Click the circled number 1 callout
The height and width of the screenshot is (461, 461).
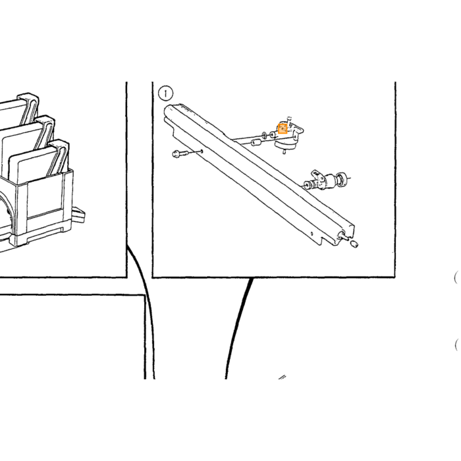(x=166, y=94)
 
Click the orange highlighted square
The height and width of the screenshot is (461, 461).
(x=283, y=129)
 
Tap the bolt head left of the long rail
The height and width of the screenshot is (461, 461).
(x=176, y=153)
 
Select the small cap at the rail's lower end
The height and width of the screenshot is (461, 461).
(x=354, y=244)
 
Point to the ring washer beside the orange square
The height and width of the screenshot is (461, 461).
(x=264, y=135)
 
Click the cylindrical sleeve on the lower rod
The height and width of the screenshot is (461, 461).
(x=256, y=143)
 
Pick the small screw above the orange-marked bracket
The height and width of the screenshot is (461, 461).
(x=289, y=119)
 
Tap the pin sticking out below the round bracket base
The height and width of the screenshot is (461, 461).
(x=285, y=151)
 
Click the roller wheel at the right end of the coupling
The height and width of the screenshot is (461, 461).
(x=342, y=178)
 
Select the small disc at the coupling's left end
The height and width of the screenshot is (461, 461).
(x=308, y=185)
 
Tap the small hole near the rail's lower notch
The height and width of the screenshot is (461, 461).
(x=312, y=234)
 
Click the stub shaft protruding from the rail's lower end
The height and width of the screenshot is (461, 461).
(x=343, y=236)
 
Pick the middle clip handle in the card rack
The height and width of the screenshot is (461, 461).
(x=45, y=132)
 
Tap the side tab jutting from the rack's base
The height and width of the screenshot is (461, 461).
(x=78, y=214)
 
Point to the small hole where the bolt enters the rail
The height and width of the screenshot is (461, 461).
(x=202, y=151)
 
